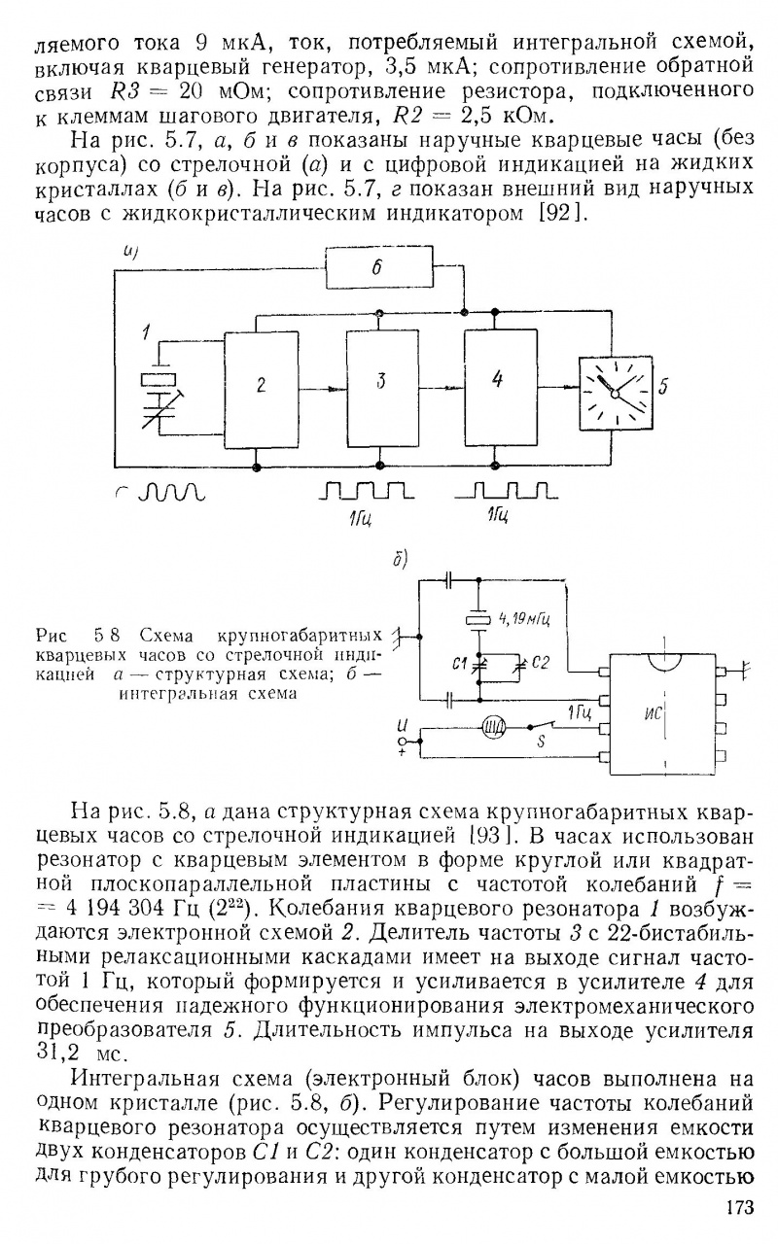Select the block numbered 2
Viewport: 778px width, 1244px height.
click(x=261, y=387)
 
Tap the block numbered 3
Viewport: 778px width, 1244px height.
click(x=381, y=387)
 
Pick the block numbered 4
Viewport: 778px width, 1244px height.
click(x=499, y=387)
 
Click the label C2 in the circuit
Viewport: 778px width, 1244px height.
click(x=541, y=663)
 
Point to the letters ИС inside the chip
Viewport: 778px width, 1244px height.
click(x=654, y=715)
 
